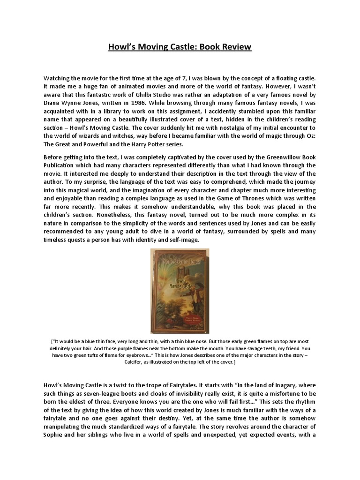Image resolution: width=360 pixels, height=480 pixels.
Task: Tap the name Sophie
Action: pos(54,434)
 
